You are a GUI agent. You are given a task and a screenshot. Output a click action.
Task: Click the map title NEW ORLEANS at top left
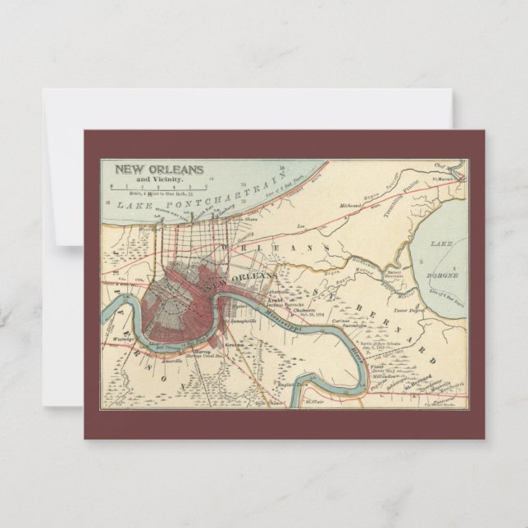click(159, 171)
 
